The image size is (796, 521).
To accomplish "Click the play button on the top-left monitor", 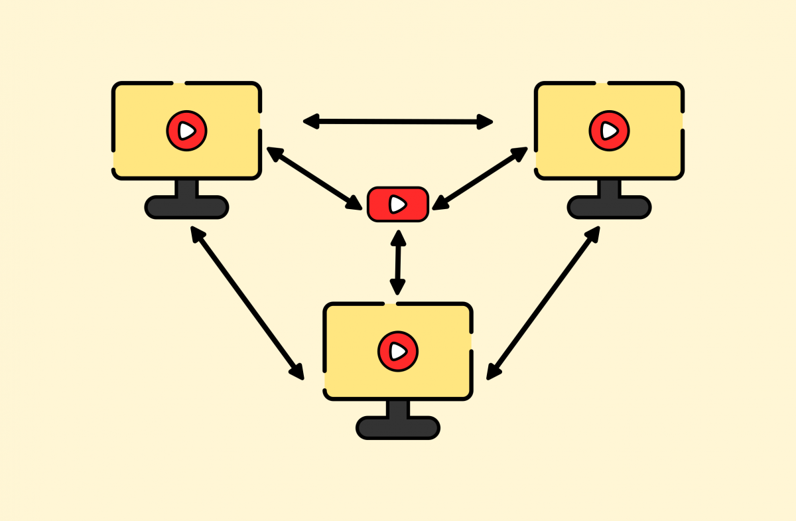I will tap(186, 131).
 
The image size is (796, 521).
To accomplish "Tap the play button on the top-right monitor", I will tap(609, 131).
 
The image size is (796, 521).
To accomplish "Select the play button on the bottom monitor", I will tap(397, 350).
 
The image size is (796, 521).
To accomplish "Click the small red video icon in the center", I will tap(397, 204).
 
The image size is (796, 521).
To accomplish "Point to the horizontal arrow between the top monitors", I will tap(398, 121).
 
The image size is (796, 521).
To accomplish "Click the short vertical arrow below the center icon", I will tap(398, 262).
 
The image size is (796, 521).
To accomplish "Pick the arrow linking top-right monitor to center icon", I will tap(481, 178).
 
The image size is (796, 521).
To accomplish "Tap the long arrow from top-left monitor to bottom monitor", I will tap(247, 303).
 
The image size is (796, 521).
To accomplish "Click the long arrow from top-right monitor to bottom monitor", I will tap(543, 303).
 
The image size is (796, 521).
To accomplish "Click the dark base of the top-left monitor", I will tap(186, 207).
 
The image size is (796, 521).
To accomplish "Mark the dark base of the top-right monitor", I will tap(609, 207).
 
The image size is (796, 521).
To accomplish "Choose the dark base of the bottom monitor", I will tap(397, 427).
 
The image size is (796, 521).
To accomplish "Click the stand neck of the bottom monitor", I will tap(397, 408).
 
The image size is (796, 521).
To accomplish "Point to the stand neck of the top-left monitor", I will tap(186, 188).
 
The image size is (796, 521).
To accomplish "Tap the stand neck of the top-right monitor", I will tap(609, 188).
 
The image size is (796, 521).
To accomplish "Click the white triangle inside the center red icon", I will tap(397, 204).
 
